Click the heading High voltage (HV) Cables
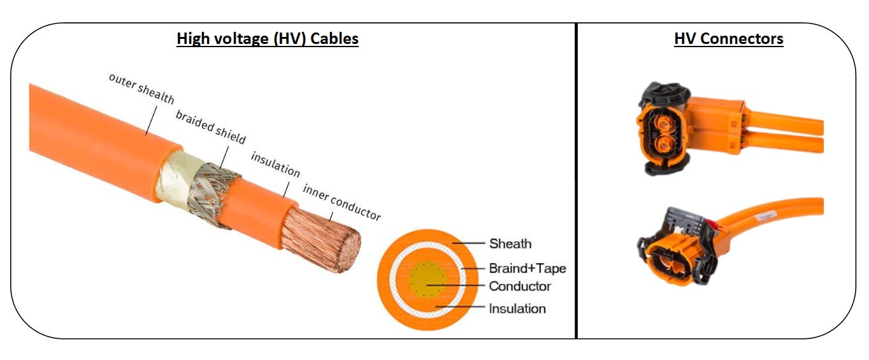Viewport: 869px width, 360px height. click(x=268, y=39)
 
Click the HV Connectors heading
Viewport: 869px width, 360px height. click(x=728, y=39)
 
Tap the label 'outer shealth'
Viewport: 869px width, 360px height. click(x=141, y=89)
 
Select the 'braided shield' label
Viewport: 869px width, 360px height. click(x=210, y=127)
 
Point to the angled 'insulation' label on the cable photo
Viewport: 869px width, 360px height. click(x=275, y=164)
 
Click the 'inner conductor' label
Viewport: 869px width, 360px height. click(x=341, y=202)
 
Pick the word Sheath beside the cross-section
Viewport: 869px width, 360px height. click(x=510, y=243)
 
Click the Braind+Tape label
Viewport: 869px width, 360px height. click(x=527, y=268)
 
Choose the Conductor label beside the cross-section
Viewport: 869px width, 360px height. click(x=519, y=286)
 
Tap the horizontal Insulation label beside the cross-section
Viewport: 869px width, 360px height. click(x=517, y=308)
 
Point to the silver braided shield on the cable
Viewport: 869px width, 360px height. click(x=217, y=191)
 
